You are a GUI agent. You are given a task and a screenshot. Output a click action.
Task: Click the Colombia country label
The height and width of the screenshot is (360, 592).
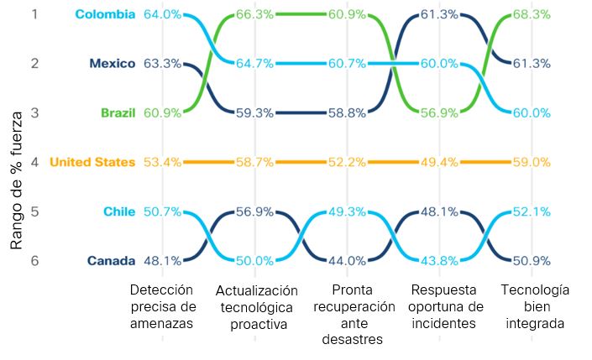[x=105, y=13]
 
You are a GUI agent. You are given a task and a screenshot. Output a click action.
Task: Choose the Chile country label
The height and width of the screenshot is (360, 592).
[x=120, y=211]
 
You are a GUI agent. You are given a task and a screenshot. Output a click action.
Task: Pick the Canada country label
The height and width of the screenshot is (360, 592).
[x=112, y=261]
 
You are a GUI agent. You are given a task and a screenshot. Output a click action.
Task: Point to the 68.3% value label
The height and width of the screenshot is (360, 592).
[x=533, y=13]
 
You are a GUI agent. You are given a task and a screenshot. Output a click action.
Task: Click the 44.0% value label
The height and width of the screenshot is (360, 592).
[x=348, y=261]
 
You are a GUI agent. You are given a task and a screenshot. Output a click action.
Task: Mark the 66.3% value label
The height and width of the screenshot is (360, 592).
[x=255, y=13]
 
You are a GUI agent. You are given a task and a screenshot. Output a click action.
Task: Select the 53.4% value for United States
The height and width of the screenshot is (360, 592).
[x=162, y=162]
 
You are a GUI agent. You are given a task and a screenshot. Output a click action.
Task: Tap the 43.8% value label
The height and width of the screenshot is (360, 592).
[x=440, y=261]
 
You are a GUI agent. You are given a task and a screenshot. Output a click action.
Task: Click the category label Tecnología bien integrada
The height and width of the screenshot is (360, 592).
[x=535, y=306]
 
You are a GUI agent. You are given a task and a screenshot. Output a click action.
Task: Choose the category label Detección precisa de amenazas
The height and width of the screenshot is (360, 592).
[x=162, y=306]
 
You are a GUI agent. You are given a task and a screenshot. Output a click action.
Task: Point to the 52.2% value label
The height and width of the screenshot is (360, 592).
[x=348, y=162]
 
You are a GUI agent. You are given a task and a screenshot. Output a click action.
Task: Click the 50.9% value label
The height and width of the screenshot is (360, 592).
[x=533, y=261]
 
